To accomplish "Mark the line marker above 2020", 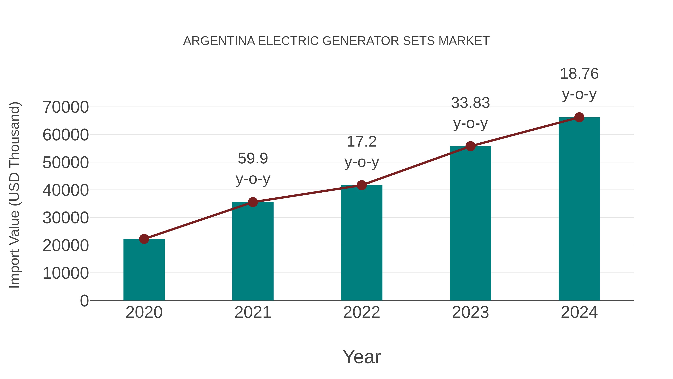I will point(144,239).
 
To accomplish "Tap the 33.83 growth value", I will point(470,103).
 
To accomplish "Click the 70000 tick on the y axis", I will point(66,107).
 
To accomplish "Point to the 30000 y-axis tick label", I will point(66,218).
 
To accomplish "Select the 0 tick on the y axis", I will point(84,301).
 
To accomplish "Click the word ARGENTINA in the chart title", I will point(219,41).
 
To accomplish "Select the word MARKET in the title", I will point(464,41).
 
